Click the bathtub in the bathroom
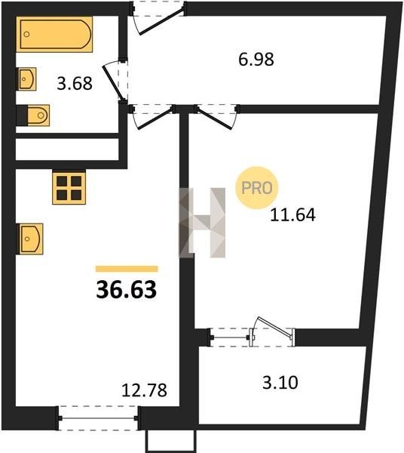pos(54,34)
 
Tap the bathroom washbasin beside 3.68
pos(26,79)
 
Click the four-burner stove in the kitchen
pos(69,187)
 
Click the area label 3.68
pos(75,84)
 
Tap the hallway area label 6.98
pos(256,60)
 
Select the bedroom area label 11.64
pos(292,215)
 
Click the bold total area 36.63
pos(127,289)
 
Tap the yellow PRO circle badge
pos(256,188)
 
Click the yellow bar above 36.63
pos(127,269)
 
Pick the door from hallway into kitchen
pos(153,117)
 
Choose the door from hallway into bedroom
pos(217,117)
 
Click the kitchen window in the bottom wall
pos(98,418)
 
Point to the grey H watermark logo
pos(202,223)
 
